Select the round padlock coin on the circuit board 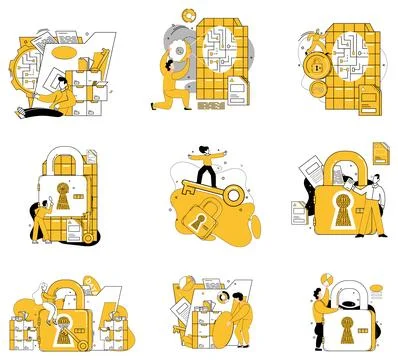coord(316,68)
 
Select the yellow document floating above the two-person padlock coord(380,152)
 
